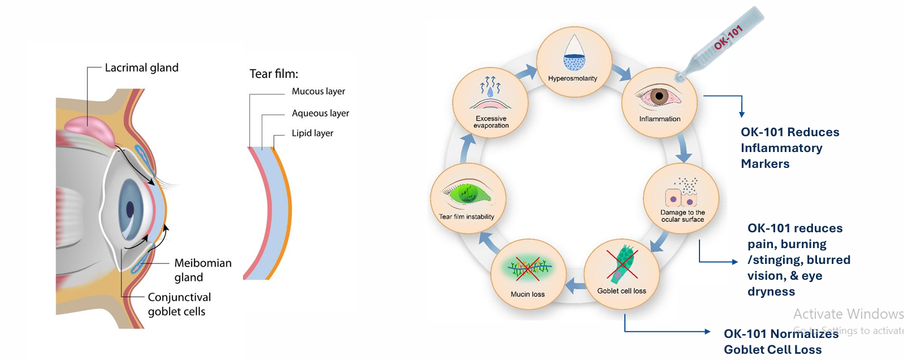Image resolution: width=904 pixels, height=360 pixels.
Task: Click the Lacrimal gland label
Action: (141, 68)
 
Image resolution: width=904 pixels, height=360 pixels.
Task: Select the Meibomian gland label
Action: (202, 270)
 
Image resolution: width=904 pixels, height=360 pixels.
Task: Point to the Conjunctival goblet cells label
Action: (179, 304)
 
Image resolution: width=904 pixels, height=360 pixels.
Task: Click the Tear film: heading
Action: (273, 74)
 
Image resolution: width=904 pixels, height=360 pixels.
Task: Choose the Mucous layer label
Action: (318, 92)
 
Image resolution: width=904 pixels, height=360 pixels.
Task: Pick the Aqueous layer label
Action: (320, 113)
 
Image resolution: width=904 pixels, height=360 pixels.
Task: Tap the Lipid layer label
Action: (312, 133)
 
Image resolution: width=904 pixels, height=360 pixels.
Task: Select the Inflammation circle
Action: (659, 102)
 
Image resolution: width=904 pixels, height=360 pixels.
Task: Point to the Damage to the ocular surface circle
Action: (681, 199)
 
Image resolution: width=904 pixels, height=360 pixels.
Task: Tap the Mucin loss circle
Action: (528, 274)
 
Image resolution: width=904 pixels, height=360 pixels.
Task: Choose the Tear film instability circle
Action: (467, 198)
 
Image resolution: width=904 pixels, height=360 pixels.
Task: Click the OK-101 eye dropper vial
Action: (724, 41)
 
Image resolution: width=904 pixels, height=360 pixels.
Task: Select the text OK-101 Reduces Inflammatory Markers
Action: (789, 148)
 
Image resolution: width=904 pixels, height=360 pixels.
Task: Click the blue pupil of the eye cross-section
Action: (130, 209)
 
